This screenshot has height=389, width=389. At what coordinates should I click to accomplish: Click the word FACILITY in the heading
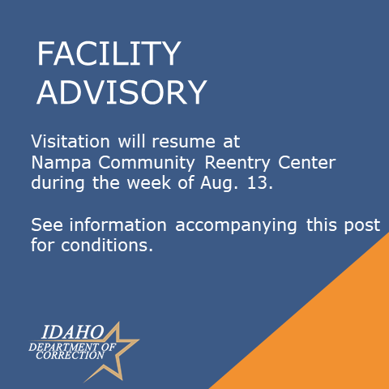click(x=109, y=53)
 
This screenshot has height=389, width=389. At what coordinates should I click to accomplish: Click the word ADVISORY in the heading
click(x=122, y=92)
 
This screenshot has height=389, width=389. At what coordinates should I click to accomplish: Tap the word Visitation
click(x=71, y=141)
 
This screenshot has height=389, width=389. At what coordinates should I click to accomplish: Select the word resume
click(x=183, y=142)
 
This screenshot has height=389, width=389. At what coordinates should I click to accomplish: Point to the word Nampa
click(x=61, y=164)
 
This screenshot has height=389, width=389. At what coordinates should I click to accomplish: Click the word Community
click(x=147, y=164)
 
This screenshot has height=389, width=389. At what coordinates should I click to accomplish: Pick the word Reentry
click(x=237, y=164)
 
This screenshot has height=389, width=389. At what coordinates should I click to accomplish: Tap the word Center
click(x=306, y=162)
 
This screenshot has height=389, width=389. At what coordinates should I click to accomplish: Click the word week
click(x=149, y=182)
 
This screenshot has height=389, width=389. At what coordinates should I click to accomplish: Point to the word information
click(x=118, y=224)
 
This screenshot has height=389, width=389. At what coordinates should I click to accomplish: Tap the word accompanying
click(x=236, y=226)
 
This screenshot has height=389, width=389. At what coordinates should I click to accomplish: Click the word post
click(x=362, y=225)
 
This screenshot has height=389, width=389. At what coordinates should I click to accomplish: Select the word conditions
click(x=107, y=246)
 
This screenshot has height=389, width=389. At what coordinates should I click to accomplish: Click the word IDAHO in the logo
click(x=73, y=332)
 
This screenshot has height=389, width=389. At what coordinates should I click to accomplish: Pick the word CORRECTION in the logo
click(x=70, y=356)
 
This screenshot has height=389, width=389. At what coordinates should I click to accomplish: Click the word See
click(x=47, y=224)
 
